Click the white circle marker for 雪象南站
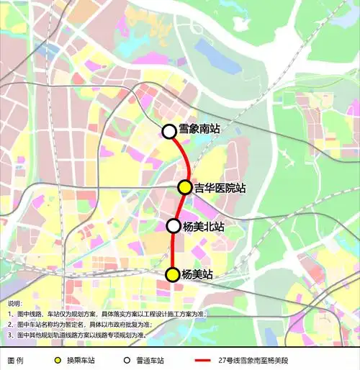click(x=169, y=131)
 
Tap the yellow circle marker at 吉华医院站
click(x=185, y=187)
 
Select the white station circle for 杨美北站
click(x=174, y=225)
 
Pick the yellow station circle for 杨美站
click(x=173, y=274)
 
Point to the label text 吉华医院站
click(x=220, y=188)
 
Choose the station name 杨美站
click(x=197, y=274)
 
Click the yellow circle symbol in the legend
click(x=57, y=359)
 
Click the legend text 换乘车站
click(x=80, y=359)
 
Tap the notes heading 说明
click(x=15, y=304)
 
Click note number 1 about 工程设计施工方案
click(x=108, y=315)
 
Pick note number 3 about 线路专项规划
click(x=86, y=335)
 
